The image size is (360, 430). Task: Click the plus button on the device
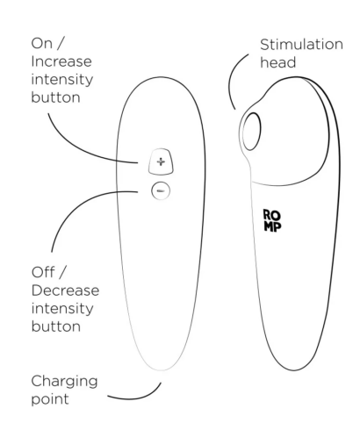pos(161,161)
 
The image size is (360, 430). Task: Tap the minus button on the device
pos(161,191)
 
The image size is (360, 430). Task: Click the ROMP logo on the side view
pos(272,220)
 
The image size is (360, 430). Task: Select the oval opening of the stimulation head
pos(251,132)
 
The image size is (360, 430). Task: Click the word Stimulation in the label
pos(301,45)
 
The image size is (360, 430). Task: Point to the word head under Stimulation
pos(278,62)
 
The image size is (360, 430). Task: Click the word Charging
pos(64,383)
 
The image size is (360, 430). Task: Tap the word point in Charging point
pos(50,399)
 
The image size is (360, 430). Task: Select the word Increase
pos(61,61)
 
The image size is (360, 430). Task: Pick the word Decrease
pos(65,290)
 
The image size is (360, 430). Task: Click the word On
pos(42,44)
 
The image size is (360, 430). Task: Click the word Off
pos(43,272)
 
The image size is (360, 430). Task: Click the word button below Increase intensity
pos(55,97)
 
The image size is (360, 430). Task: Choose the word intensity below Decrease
pos(62,309)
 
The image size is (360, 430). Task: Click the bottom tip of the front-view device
pos(161,370)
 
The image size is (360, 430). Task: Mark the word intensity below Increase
pos(62,80)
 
